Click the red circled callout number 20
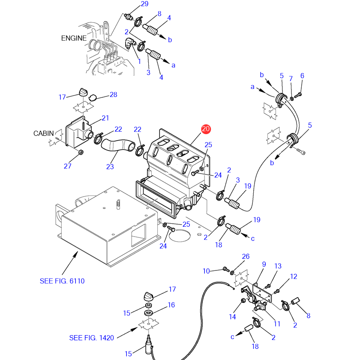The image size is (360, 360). pos(206,129)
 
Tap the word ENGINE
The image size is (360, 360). pos(74,38)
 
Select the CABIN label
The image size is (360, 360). pos(43,133)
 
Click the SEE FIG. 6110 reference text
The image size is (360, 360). pos(62,281)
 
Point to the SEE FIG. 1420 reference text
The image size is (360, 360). pos(91,338)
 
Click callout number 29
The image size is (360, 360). pos(144,4)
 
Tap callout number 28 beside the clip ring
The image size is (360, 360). pos(114,95)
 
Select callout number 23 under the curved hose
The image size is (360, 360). pos(110,167)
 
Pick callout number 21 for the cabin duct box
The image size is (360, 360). pos(105,118)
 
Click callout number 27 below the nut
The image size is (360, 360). pos(68,166)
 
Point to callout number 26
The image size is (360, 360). pos(246,256)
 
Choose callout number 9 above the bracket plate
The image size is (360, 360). pos(264,264)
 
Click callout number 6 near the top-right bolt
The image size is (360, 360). pos(302,76)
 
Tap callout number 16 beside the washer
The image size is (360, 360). pos(171,305)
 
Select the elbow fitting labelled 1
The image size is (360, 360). pos(130,43)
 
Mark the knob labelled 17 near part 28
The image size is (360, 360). pos(83,92)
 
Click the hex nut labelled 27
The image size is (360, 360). pos(81,152)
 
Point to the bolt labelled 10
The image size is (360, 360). pos(226,269)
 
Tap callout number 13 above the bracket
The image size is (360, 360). pos(278,266)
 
